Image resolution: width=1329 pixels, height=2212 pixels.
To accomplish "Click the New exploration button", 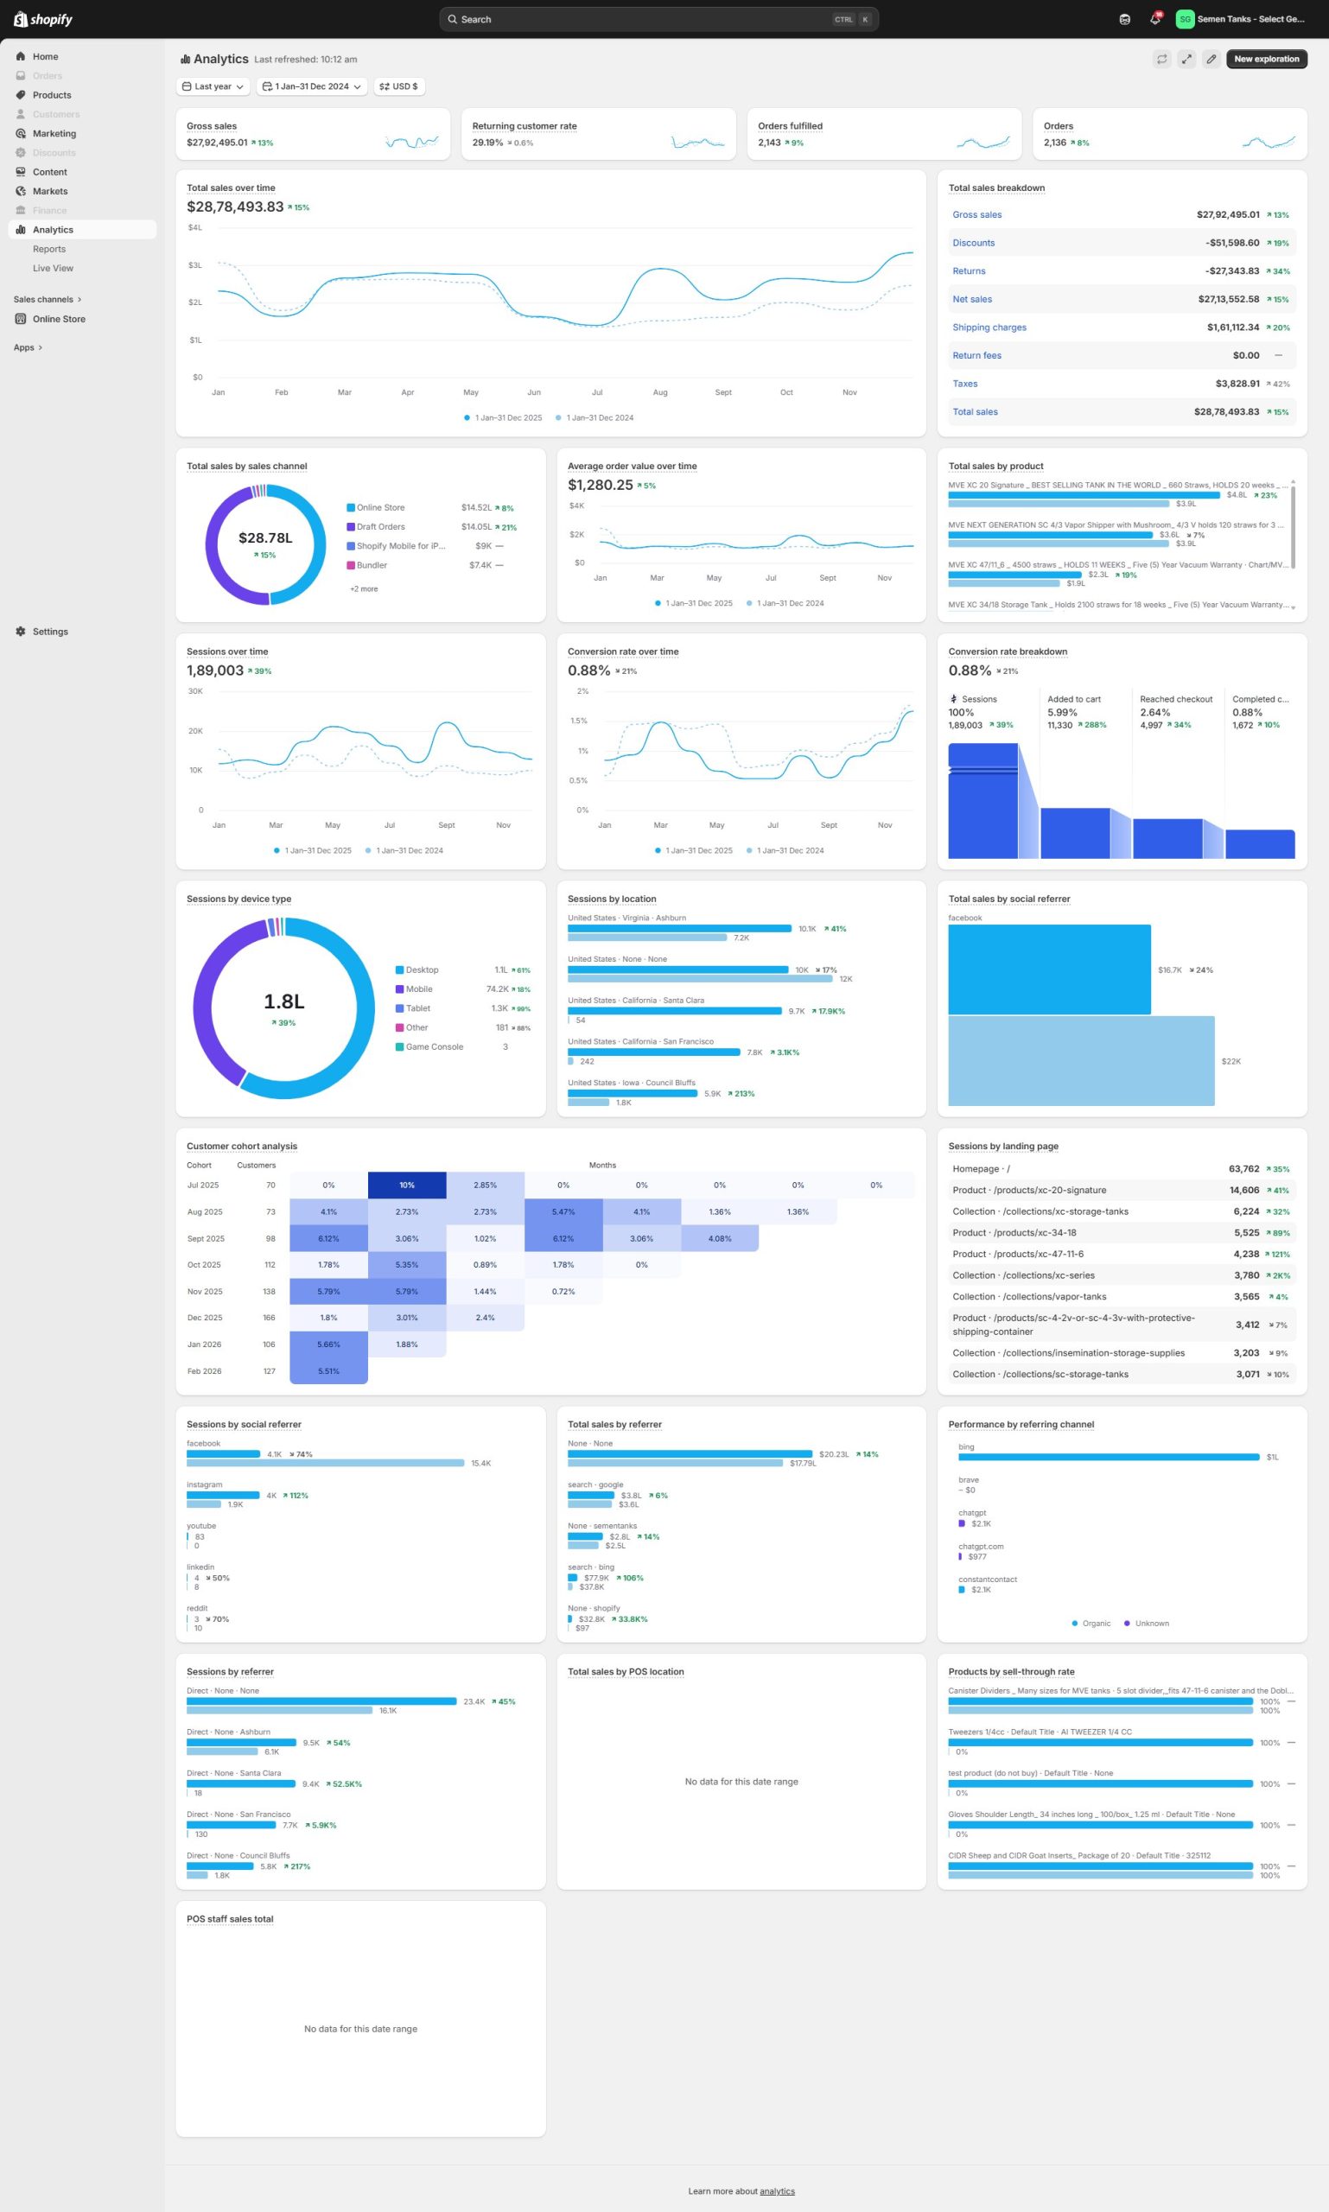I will pyautogui.click(x=1265, y=59).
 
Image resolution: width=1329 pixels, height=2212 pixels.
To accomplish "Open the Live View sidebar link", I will pyautogui.click(x=53, y=268).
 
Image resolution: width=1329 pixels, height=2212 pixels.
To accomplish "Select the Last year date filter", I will pyautogui.click(x=213, y=87).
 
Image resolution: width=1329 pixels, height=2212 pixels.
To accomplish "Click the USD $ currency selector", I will pyautogui.click(x=398, y=87).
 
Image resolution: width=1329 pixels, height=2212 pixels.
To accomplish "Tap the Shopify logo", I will pyautogui.click(x=43, y=19).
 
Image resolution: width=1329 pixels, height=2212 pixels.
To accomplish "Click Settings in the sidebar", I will pyautogui.click(x=50, y=632).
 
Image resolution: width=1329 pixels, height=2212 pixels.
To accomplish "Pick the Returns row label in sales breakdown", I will pyautogui.click(x=968, y=271).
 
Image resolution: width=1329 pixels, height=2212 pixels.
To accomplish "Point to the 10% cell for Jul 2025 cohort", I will pyautogui.click(x=407, y=1185).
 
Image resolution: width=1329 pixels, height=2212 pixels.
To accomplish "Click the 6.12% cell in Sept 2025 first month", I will pyautogui.click(x=328, y=1238).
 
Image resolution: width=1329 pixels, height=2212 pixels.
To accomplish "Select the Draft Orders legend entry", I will pyautogui.click(x=380, y=526).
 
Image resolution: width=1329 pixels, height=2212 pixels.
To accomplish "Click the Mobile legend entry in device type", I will pyautogui.click(x=418, y=988).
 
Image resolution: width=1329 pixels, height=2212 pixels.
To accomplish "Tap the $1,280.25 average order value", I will pyautogui.click(x=600, y=485).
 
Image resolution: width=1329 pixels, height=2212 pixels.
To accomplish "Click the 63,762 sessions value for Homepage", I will pyautogui.click(x=1243, y=1169).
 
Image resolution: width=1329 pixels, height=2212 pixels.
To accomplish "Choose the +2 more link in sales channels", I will pyautogui.click(x=364, y=588).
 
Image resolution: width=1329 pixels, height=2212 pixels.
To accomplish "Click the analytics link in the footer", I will pyautogui.click(x=777, y=2191).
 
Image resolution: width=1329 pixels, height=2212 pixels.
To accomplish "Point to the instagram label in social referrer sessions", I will pyautogui.click(x=204, y=1484).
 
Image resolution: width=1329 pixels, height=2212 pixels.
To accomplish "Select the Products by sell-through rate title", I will pyautogui.click(x=1010, y=1671).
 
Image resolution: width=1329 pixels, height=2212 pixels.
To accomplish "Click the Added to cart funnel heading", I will pyautogui.click(x=1073, y=699).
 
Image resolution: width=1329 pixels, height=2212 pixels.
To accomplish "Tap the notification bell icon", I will pyautogui.click(x=1154, y=19).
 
